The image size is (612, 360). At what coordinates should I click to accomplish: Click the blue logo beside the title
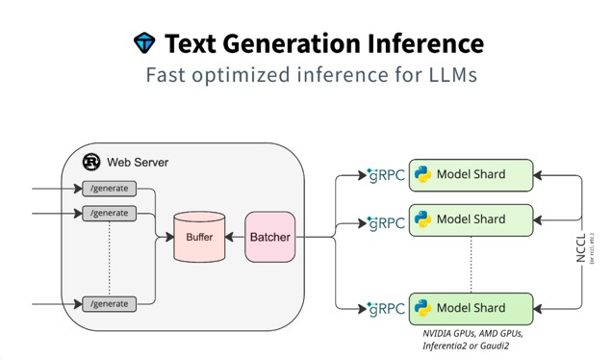pyautogui.click(x=143, y=43)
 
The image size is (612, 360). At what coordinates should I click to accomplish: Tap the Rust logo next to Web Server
pyautogui.click(x=92, y=162)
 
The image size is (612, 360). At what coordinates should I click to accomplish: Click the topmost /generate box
pyautogui.click(x=109, y=188)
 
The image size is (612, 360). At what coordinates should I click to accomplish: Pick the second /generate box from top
pyautogui.click(x=109, y=213)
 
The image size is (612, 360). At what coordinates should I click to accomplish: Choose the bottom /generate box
pyautogui.click(x=109, y=304)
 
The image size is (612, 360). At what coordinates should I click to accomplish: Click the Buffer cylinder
pyautogui.click(x=199, y=237)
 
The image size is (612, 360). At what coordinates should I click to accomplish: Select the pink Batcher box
pyautogui.click(x=269, y=237)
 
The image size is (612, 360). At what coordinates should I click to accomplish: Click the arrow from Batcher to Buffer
pyautogui.click(x=235, y=237)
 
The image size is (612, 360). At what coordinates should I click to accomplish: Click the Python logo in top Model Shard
pyautogui.click(x=421, y=174)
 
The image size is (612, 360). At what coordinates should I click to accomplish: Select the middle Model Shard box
pyautogui.click(x=472, y=219)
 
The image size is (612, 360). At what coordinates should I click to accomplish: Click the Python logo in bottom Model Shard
pyautogui.click(x=421, y=308)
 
